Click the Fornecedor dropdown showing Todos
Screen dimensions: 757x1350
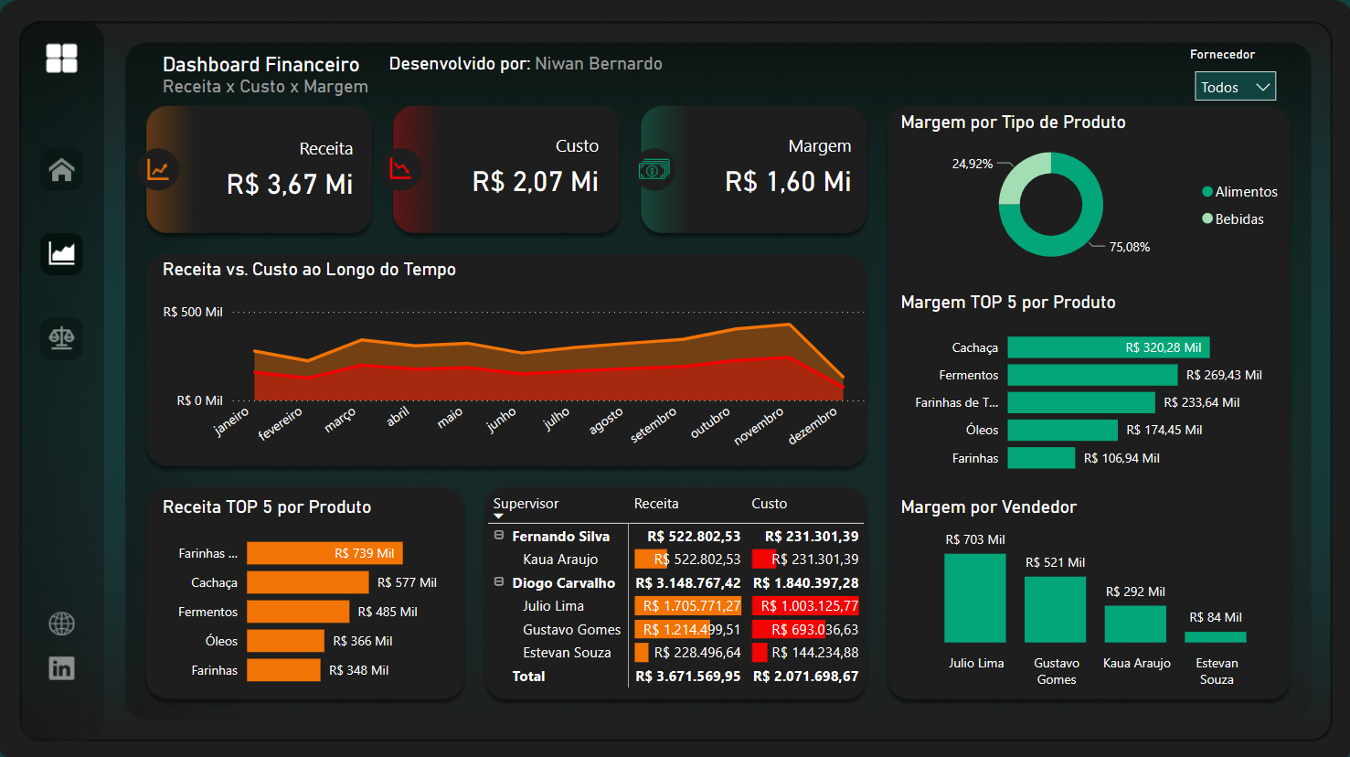[x=1234, y=87]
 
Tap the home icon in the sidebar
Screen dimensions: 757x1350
[x=61, y=170]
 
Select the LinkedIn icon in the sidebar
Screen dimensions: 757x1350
[x=61, y=668]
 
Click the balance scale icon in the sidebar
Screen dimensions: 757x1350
[x=61, y=338]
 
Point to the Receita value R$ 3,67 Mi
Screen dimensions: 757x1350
[x=290, y=184]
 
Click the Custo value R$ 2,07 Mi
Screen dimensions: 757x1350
[x=535, y=182]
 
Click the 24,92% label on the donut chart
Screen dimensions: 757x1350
[x=972, y=164]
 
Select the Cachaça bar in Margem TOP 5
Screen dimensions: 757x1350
[x=1108, y=347]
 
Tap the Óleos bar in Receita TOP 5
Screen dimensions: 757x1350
[x=285, y=641]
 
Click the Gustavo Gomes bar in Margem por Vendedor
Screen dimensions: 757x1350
[x=1055, y=610]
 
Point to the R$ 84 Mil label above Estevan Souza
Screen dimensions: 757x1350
[x=1215, y=617]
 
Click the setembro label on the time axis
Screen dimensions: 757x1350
[x=654, y=425]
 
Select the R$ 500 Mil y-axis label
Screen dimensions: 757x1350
[x=193, y=312]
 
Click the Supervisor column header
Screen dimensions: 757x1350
[x=526, y=504]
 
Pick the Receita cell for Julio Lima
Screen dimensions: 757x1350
[x=687, y=606]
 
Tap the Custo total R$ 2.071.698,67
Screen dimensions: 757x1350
[x=805, y=677]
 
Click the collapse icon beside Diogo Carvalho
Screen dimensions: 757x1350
[x=499, y=581]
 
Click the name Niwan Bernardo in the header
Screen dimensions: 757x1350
[x=598, y=64]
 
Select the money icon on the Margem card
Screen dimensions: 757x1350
[x=654, y=169]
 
